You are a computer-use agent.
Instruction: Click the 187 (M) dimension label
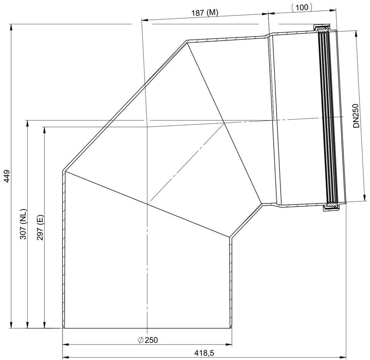(x=205, y=12)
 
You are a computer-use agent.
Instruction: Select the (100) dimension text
(x=302, y=7)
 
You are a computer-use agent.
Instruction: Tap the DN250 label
(x=356, y=116)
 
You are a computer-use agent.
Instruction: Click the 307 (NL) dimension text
(x=23, y=224)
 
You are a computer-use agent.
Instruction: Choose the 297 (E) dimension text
(x=40, y=227)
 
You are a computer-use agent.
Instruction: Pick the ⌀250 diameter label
(x=148, y=340)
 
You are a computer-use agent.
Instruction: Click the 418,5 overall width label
(x=204, y=353)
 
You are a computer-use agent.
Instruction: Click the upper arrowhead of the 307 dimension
(x=28, y=123)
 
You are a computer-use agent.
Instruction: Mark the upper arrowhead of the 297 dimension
(x=44, y=130)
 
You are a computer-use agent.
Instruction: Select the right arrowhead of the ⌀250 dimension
(x=229, y=345)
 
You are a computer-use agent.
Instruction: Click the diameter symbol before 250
(x=141, y=340)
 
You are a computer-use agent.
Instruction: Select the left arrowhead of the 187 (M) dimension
(x=144, y=20)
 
